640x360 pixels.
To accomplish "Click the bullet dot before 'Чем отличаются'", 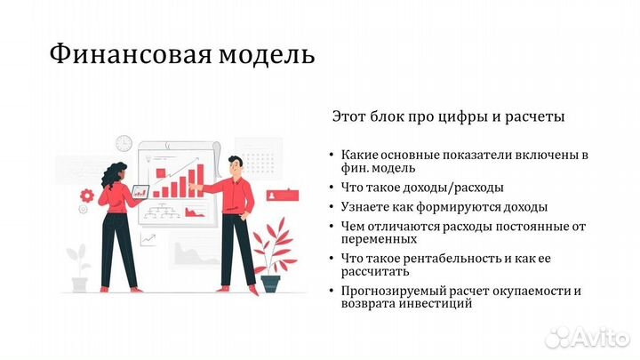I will (331, 227).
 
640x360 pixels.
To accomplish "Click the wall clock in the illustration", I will (124, 143).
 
